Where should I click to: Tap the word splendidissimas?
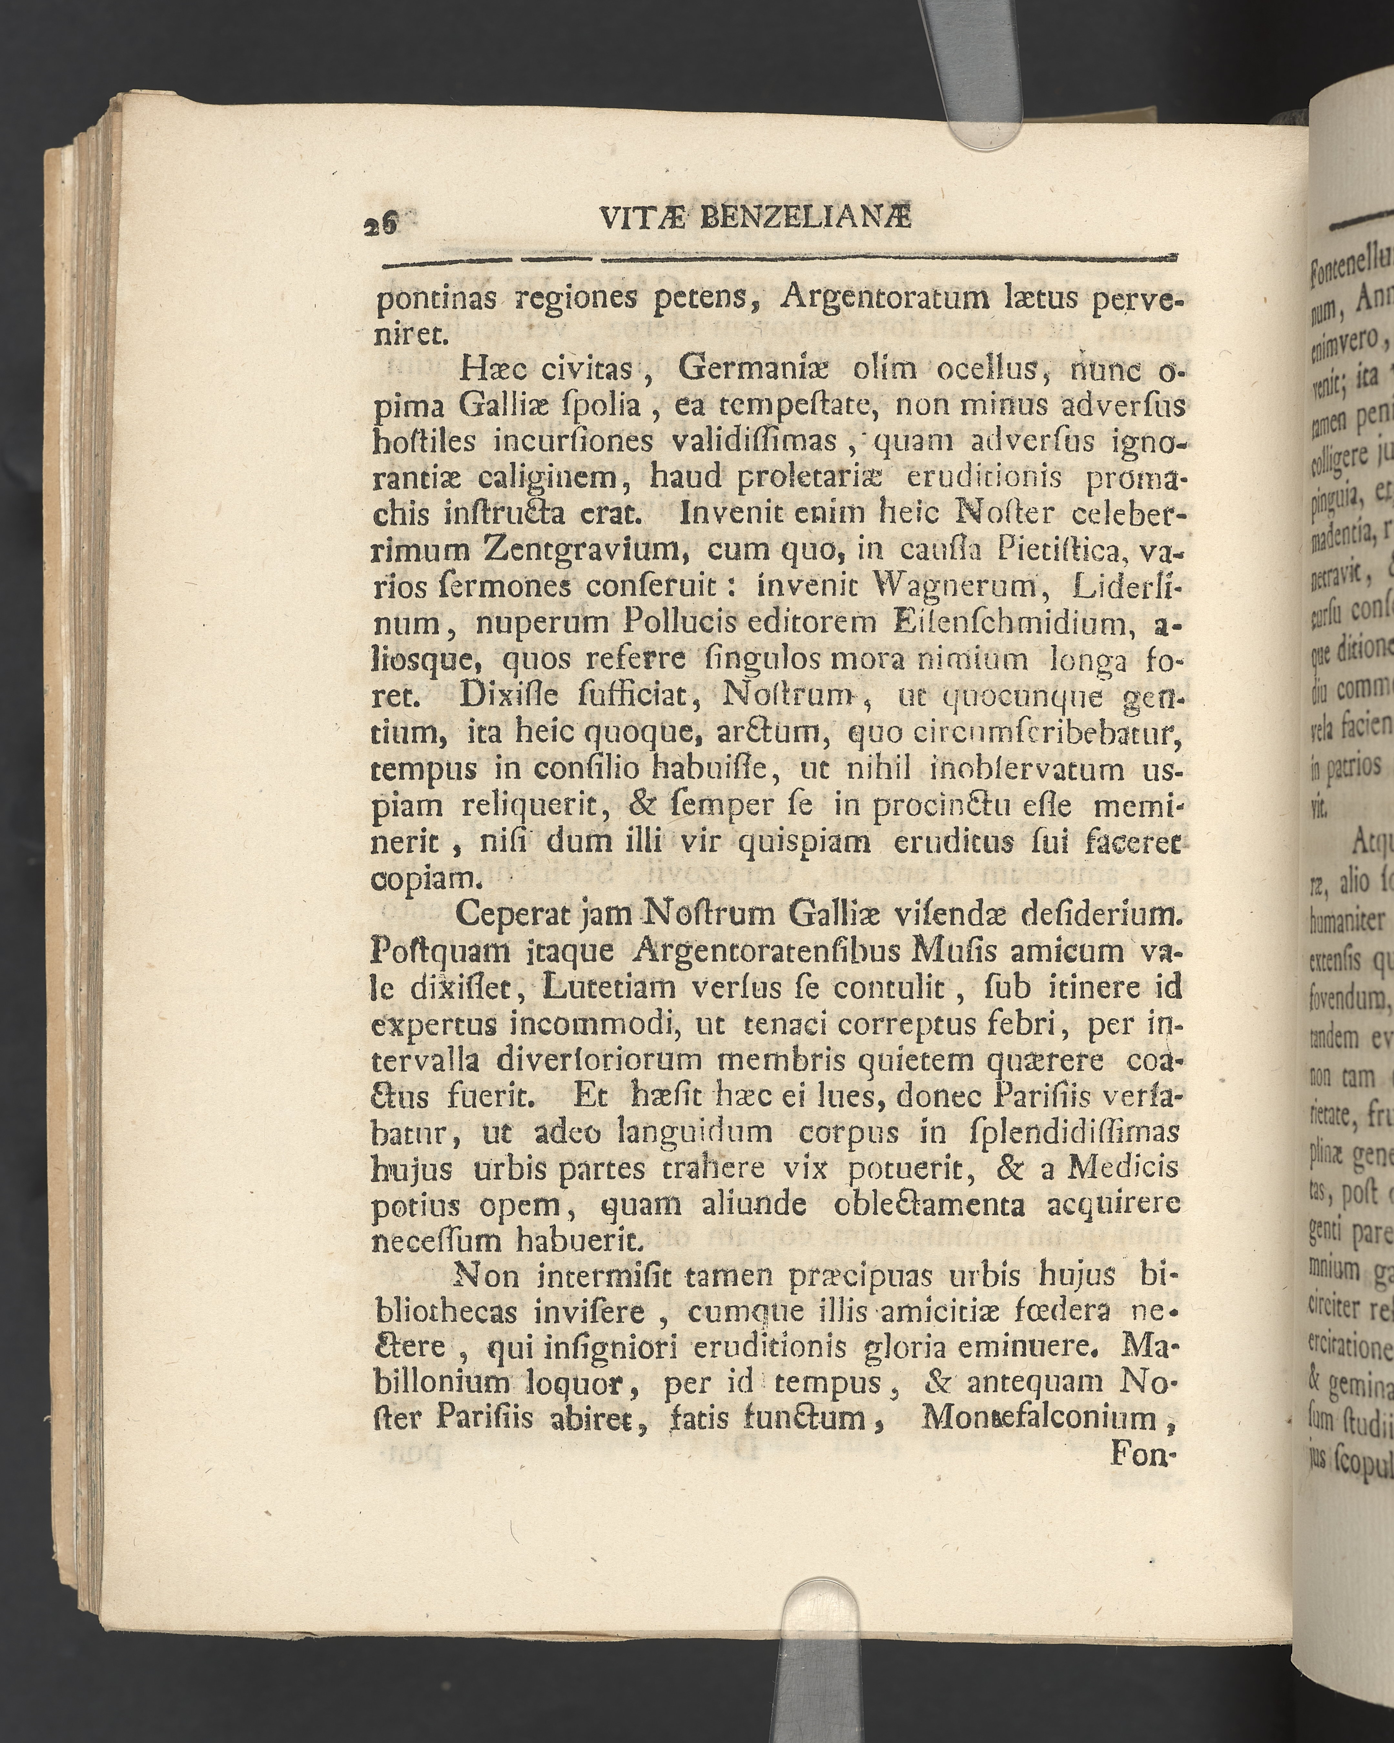1067,1132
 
